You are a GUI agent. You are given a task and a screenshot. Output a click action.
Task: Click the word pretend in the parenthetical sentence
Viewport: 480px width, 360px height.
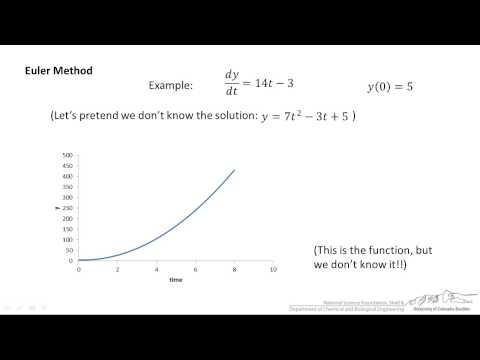(x=117, y=116)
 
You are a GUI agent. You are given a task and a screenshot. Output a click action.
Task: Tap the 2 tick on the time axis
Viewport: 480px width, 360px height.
(x=117, y=269)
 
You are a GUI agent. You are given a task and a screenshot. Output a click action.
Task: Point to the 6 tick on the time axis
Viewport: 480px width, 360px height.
(x=195, y=269)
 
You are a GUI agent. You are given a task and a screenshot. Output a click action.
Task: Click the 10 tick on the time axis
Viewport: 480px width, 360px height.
(x=273, y=269)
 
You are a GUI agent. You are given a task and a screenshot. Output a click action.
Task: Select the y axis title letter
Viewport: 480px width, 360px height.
(x=57, y=208)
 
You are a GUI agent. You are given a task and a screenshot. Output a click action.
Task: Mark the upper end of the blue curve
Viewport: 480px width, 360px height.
(x=234, y=170)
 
